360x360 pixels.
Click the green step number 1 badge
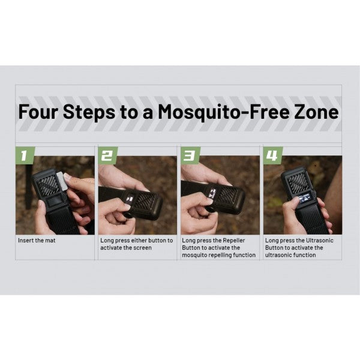tap(25, 155)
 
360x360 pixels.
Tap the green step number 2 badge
tap(107, 155)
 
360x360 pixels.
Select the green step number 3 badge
tap(190, 155)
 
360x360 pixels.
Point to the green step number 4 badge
tap(272, 155)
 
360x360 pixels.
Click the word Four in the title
tap(38, 112)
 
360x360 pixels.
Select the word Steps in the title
tap(89, 112)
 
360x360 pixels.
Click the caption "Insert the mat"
tap(37, 241)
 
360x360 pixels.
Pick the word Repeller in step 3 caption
tap(234, 241)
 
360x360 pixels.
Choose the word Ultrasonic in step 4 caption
tap(319, 241)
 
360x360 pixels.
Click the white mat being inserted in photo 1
tap(62, 181)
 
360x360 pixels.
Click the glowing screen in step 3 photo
tap(212, 193)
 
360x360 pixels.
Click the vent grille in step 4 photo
tap(298, 181)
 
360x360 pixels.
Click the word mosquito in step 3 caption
tap(193, 255)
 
